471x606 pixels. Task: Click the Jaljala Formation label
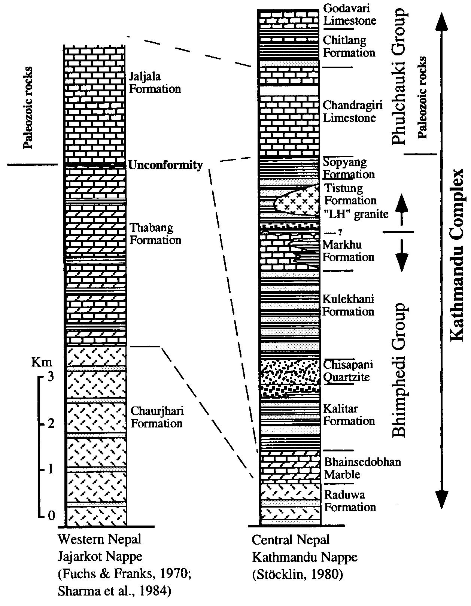[155, 83]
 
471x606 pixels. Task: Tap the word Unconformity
[165, 165]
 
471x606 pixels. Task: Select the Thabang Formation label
[155, 234]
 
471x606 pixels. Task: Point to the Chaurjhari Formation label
[157, 417]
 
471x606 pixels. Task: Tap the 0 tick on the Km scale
[51, 516]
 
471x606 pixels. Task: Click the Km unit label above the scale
[42, 362]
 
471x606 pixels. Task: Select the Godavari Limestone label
[350, 14]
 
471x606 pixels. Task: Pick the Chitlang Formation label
[349, 46]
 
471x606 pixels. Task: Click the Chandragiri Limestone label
[353, 112]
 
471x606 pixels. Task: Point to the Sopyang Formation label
[349, 168]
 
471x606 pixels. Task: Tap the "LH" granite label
[356, 214]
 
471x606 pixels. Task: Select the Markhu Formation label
[348, 251]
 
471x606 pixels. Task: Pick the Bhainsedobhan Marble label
[362, 468]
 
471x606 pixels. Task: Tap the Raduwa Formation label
[350, 501]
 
